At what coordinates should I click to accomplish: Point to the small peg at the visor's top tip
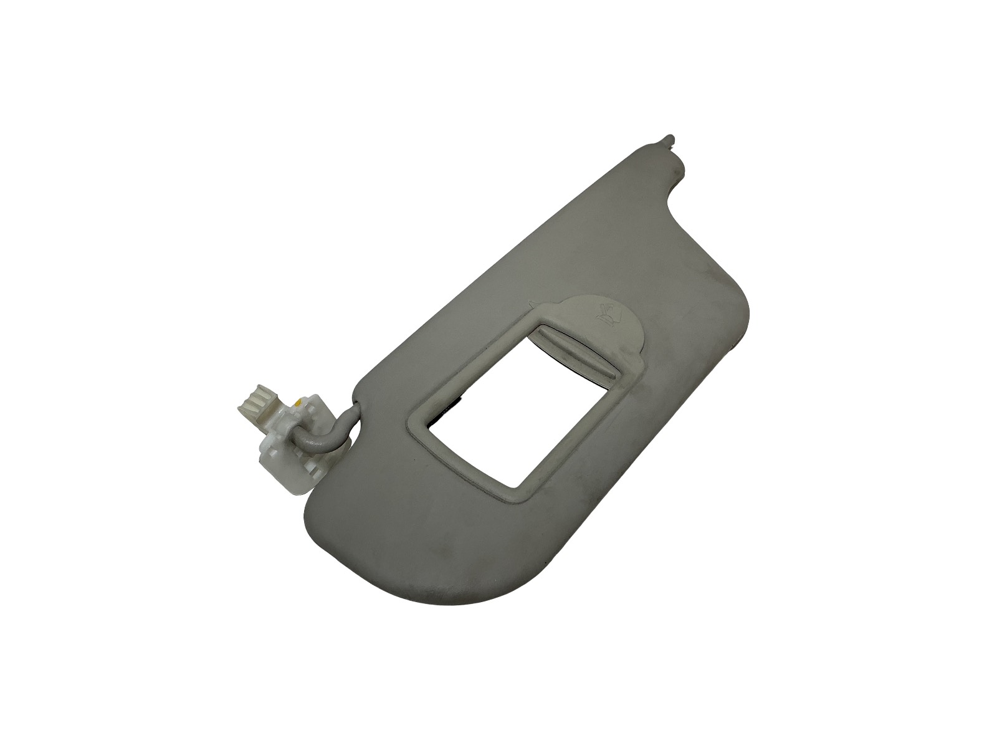(x=670, y=138)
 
